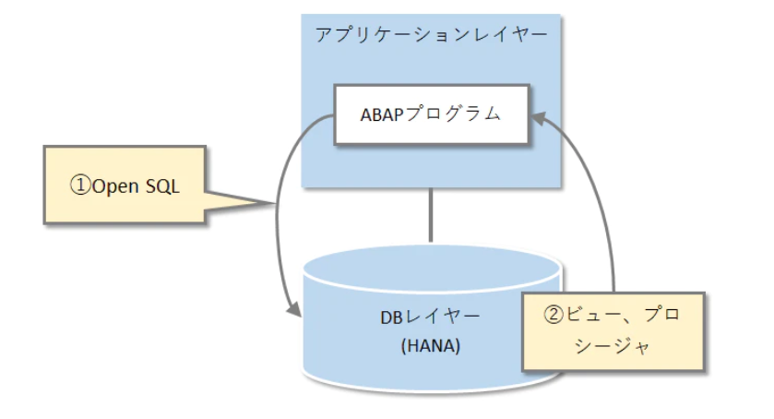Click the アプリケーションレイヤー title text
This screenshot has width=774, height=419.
pyautogui.click(x=431, y=35)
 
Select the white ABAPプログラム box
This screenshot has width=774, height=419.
pyautogui.click(x=431, y=114)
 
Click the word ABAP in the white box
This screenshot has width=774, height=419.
pyautogui.click(x=381, y=114)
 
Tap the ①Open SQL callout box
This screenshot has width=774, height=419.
pyautogui.click(x=124, y=185)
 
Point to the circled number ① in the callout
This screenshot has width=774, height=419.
pyautogui.click(x=80, y=185)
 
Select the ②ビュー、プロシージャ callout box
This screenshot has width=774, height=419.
pyautogui.click(x=613, y=331)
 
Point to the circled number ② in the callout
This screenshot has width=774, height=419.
pyautogui.click(x=553, y=315)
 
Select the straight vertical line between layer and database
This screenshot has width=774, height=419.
pyautogui.click(x=431, y=214)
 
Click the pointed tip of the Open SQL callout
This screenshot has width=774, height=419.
pyautogui.click(x=275, y=203)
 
